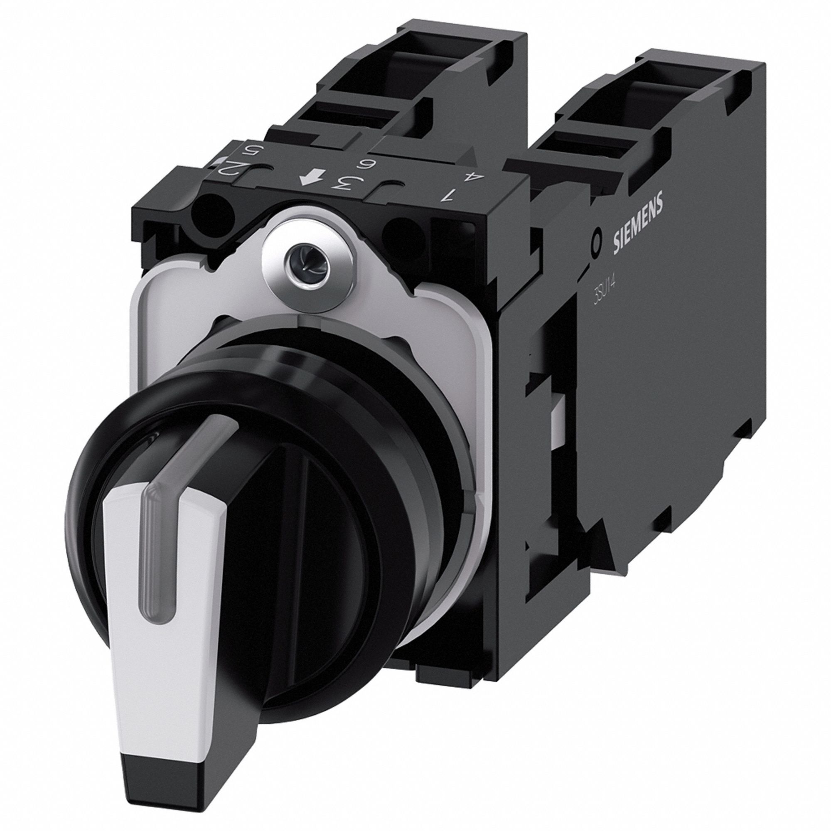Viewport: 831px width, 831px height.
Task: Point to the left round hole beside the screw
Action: coord(212,213)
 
